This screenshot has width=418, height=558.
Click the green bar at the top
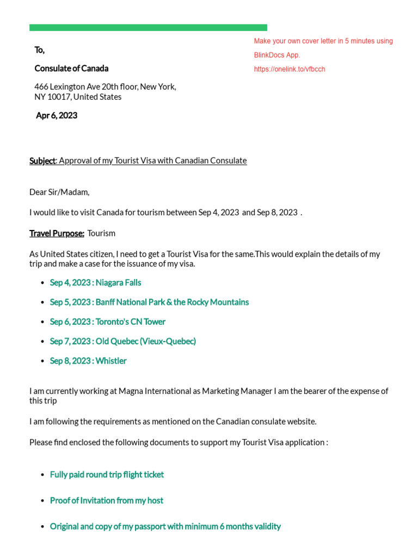pyautogui.click(x=148, y=27)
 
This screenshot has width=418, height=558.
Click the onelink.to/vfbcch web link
pyautogui.click(x=290, y=69)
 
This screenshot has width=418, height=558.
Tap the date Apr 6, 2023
pyautogui.click(x=57, y=116)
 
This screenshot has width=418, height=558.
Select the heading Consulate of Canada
pyautogui.click(x=71, y=68)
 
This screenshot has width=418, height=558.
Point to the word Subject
pyautogui.click(x=42, y=161)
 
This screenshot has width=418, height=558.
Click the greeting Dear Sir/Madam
pyautogui.click(x=59, y=192)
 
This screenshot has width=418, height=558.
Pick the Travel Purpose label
pyautogui.click(x=57, y=233)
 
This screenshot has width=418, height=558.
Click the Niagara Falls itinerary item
pyautogui.click(x=95, y=282)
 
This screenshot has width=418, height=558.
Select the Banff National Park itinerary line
pyautogui.click(x=149, y=302)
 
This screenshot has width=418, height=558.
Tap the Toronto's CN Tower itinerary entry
pyautogui.click(x=108, y=322)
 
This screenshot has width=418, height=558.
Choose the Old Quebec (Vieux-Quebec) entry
pyautogui.click(x=122, y=341)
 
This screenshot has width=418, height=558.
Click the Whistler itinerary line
pyautogui.click(x=88, y=361)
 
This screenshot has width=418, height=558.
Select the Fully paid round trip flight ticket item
pyautogui.click(x=107, y=475)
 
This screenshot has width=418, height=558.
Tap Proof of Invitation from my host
pyautogui.click(x=107, y=500)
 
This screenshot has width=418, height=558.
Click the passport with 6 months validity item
pyautogui.click(x=165, y=526)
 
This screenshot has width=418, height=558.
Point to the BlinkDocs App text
pyautogui.click(x=277, y=55)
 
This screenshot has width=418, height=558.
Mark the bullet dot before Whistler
pyautogui.click(x=42, y=361)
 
